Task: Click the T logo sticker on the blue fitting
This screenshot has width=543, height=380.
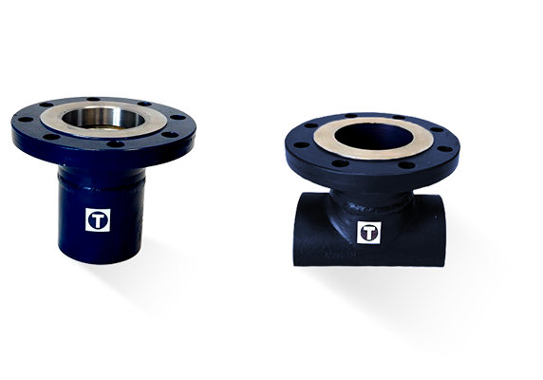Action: pyautogui.click(x=98, y=220)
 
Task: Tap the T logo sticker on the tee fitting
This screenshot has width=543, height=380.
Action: pyautogui.click(x=369, y=233)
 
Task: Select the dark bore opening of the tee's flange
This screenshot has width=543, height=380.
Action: pyautogui.click(x=374, y=137)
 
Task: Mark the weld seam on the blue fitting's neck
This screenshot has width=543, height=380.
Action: pyautogui.click(x=102, y=186)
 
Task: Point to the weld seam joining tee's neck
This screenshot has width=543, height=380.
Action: pyautogui.click(x=372, y=206)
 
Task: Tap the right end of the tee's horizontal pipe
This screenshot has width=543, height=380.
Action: pyautogui.click(x=440, y=230)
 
